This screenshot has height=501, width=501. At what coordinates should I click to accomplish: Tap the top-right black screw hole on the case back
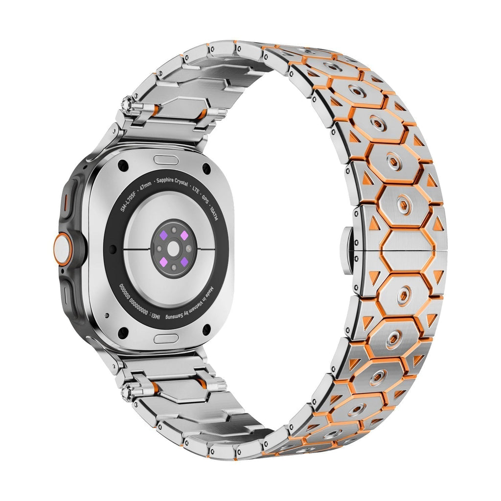click(x=206, y=169)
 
